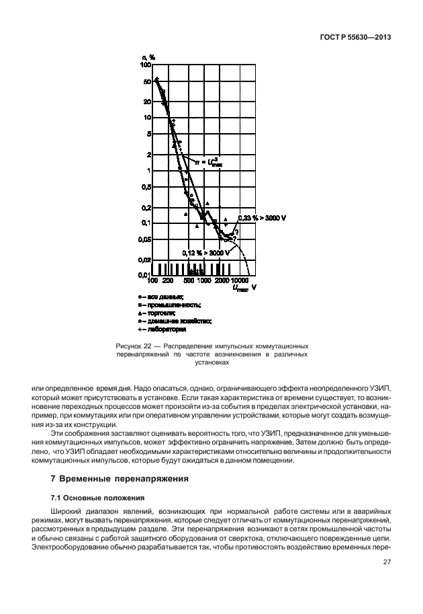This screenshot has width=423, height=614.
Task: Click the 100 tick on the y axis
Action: tap(146, 65)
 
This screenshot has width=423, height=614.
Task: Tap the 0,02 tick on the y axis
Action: tap(144, 260)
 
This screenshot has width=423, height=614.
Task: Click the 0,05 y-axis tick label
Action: tap(144, 239)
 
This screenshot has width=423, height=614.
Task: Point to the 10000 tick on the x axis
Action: tap(240, 280)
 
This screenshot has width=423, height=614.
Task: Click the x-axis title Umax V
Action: tap(246, 288)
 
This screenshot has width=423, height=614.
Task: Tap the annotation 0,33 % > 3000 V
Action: tap(263, 218)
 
